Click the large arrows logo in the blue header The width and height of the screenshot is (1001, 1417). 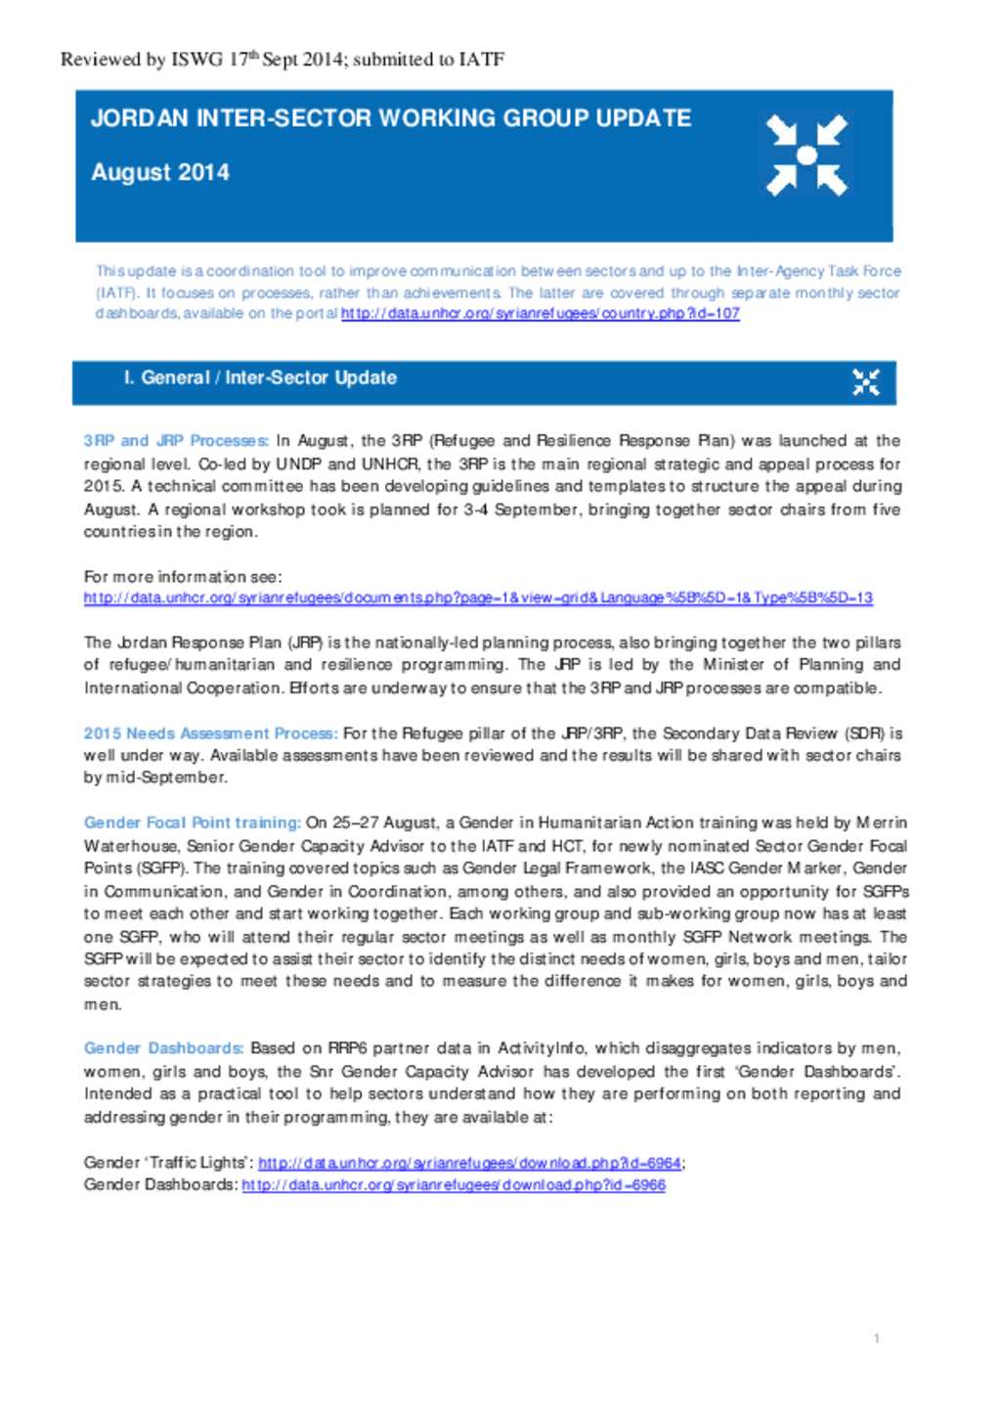(x=806, y=155)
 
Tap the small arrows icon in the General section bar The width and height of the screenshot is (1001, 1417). (x=865, y=382)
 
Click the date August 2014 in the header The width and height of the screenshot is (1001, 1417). (x=160, y=173)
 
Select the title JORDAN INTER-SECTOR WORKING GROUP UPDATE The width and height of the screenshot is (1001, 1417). (x=391, y=118)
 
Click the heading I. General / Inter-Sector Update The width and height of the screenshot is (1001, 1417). (x=260, y=378)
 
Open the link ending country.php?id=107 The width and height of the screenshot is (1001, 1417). (x=540, y=314)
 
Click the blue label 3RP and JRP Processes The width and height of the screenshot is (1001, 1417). (x=176, y=441)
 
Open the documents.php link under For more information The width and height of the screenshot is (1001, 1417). (x=478, y=598)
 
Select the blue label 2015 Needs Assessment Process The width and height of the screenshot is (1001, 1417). (x=210, y=733)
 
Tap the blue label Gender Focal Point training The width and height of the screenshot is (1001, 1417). (x=192, y=823)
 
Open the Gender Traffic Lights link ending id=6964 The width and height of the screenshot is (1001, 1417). (x=469, y=1163)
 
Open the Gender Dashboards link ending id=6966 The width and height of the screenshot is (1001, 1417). (x=454, y=1185)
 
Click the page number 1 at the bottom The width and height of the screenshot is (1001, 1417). (x=876, y=1338)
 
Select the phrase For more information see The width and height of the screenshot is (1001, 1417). (x=183, y=577)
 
